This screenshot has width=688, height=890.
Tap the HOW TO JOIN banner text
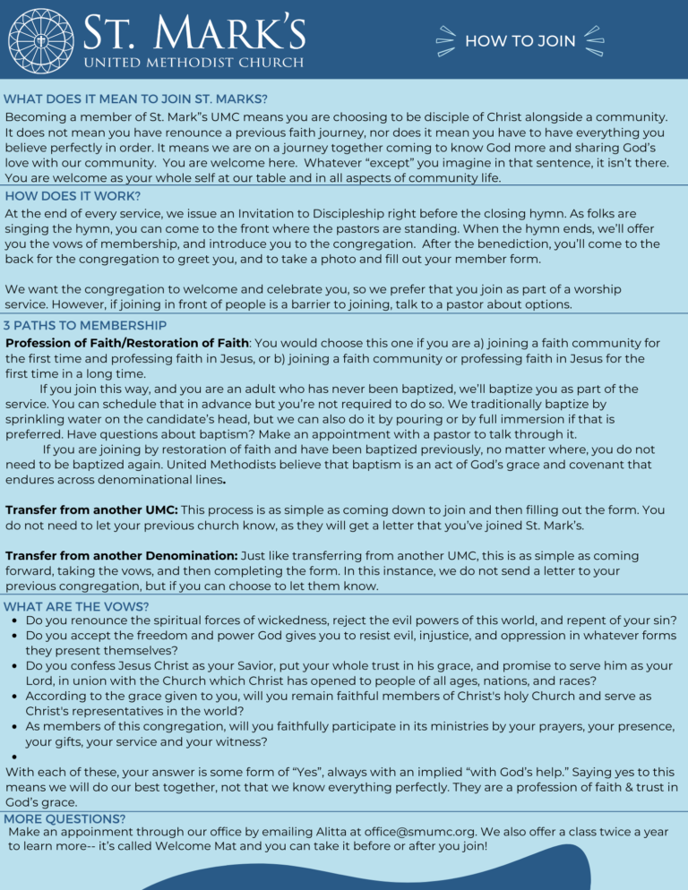click(520, 41)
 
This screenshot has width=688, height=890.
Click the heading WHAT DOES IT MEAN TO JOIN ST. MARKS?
click(135, 98)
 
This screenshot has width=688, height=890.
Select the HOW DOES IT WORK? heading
click(73, 195)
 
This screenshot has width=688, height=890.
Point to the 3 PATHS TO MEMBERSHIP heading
click(85, 325)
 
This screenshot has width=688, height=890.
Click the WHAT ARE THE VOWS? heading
click(76, 606)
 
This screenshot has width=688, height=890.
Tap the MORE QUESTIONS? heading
click(64, 818)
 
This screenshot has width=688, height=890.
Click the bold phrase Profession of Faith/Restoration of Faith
click(127, 342)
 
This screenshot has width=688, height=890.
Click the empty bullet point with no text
click(15, 757)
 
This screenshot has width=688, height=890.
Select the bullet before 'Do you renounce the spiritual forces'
click(15, 620)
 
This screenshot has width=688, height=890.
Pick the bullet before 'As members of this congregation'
click(15, 726)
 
